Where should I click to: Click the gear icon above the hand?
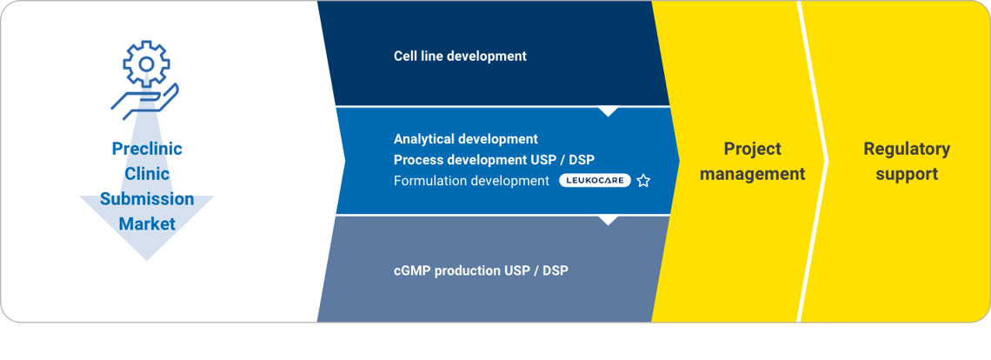click(146, 63)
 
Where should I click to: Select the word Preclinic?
click(147, 149)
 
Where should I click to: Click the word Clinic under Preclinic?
click(147, 173)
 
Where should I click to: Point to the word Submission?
click(147, 198)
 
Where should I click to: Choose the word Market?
click(147, 223)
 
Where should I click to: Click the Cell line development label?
click(460, 56)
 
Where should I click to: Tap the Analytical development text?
click(466, 138)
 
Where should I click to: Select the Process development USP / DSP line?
click(494, 159)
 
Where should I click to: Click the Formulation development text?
click(471, 180)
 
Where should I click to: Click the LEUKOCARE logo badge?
click(595, 180)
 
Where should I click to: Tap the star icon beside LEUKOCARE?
click(643, 181)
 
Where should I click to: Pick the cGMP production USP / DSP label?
click(481, 270)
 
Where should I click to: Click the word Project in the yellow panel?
click(753, 149)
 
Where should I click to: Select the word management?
click(753, 173)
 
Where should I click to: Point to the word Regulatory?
click(907, 149)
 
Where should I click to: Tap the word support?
click(907, 173)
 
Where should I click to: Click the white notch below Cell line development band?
click(608, 111)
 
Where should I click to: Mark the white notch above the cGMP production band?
click(608, 220)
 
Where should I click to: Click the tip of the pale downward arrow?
click(147, 260)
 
